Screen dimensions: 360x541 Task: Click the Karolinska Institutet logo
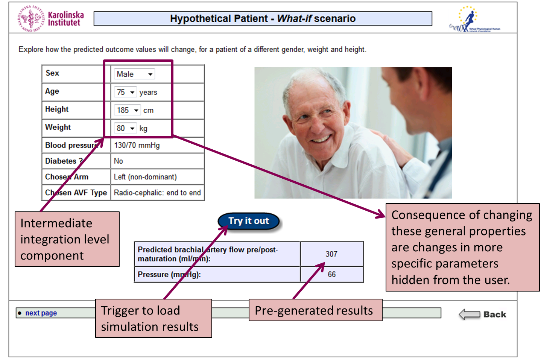coord(50,18)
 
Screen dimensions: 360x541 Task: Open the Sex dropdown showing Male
coord(134,74)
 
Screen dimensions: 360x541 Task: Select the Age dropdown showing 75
coord(125,92)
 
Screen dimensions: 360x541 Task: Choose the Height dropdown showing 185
coord(128,110)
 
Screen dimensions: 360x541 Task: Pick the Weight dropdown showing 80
coord(125,128)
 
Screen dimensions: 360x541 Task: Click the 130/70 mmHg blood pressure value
coord(137,145)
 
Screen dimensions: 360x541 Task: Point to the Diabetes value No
coord(119,161)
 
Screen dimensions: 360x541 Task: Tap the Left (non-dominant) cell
coord(145,177)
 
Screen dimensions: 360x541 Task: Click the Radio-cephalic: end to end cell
coord(157,193)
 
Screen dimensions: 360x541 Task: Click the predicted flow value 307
coord(331,254)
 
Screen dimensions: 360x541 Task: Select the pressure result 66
coord(331,274)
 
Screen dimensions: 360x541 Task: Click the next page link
coord(41,313)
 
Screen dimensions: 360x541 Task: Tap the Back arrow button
coord(482,314)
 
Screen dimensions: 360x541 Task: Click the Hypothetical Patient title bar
coord(263,18)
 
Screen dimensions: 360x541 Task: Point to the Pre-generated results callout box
coord(315,310)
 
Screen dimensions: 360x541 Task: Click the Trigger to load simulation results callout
coord(153,318)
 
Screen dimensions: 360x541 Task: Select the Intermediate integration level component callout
coord(67,239)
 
